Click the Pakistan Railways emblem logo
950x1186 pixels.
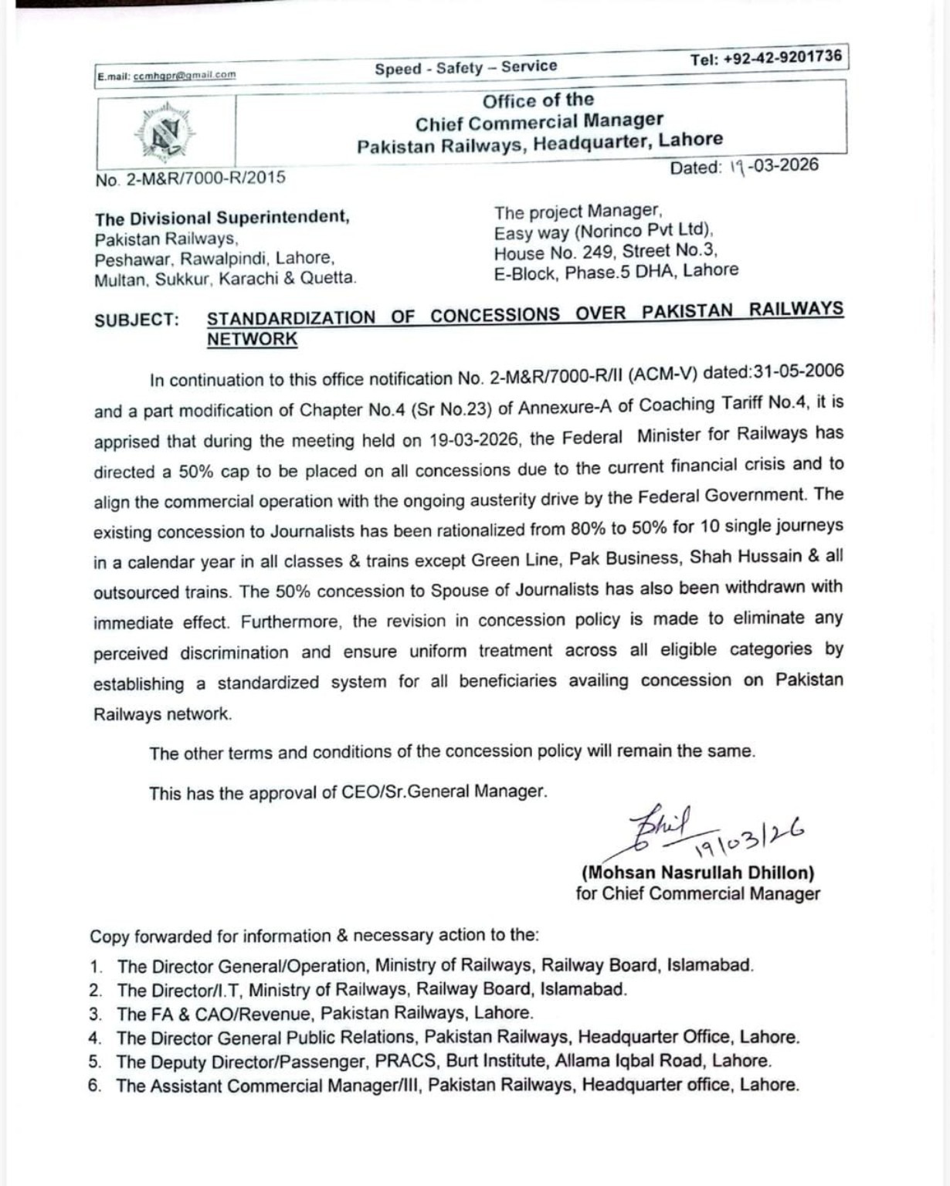click(165, 130)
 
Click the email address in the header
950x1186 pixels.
click(185, 75)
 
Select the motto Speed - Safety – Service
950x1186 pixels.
click(466, 67)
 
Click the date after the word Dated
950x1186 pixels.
click(773, 167)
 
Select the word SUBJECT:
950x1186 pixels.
click(137, 320)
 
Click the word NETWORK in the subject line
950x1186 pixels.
click(252, 339)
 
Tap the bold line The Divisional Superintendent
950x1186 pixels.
click(222, 217)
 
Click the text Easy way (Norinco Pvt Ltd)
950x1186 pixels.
click(603, 231)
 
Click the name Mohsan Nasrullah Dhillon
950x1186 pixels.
click(697, 873)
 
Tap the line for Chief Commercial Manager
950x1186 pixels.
click(697, 894)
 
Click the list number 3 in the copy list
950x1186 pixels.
click(96, 1014)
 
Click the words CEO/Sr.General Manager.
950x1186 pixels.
click(444, 791)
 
